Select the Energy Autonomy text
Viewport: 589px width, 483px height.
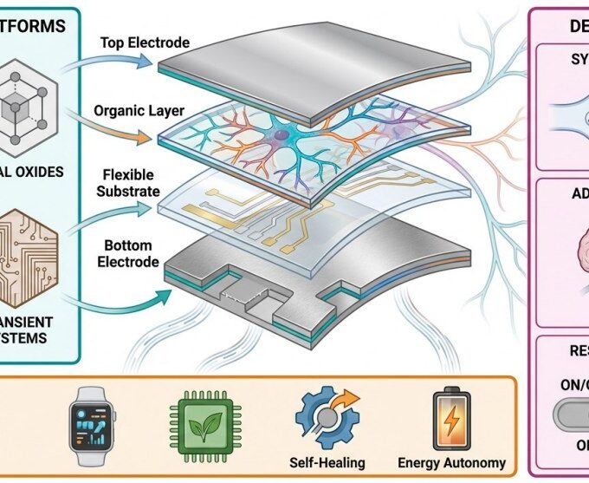pyautogui.click(x=451, y=462)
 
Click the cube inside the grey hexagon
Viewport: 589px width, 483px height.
pyautogui.click(x=36, y=109)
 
